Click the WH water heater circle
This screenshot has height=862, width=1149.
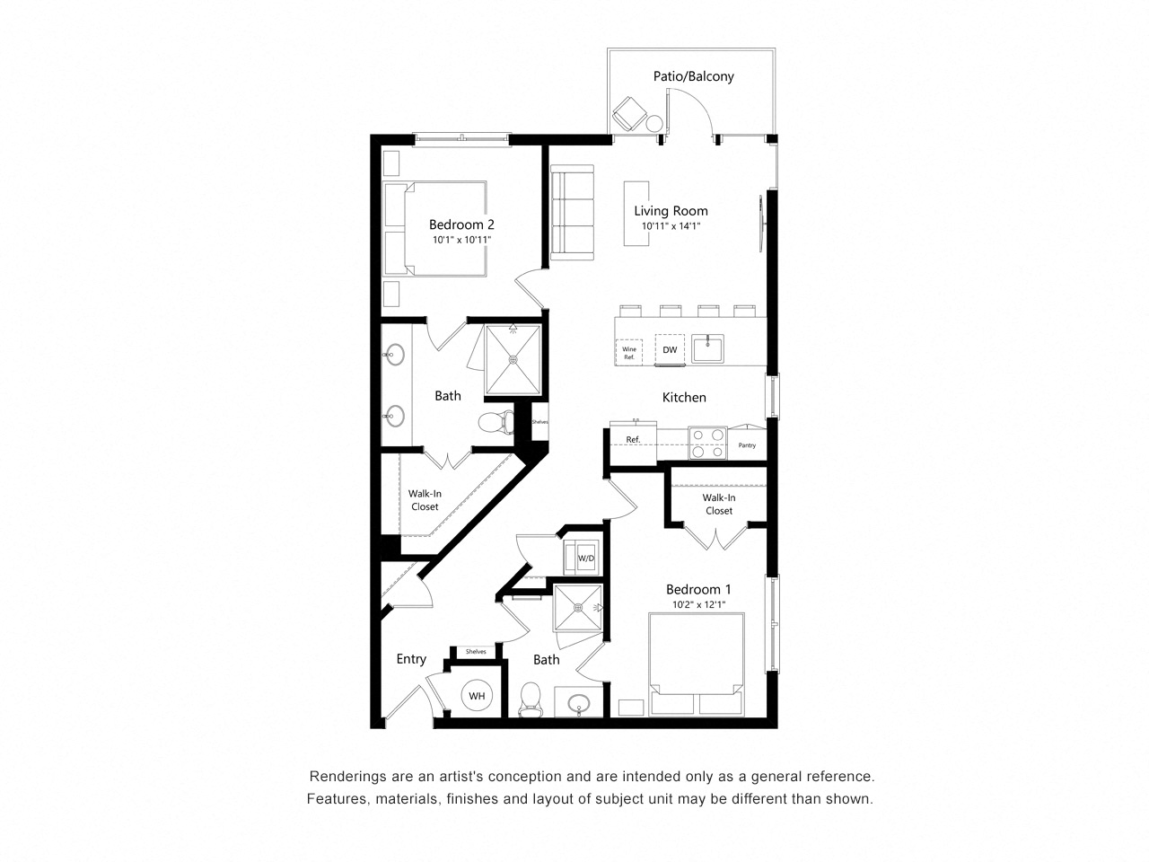tap(476, 696)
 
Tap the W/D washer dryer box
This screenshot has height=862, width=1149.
tap(585, 558)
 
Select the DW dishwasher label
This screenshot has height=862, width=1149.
tap(670, 350)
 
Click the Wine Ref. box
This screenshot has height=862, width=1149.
tap(629, 352)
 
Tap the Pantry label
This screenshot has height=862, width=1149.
tap(747, 445)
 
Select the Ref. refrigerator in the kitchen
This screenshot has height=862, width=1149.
tap(633, 440)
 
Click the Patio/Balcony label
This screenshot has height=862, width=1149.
tap(693, 76)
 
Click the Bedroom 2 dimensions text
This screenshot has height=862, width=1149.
tap(461, 241)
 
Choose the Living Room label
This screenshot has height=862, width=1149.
tap(671, 211)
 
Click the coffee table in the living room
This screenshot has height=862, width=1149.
tap(636, 212)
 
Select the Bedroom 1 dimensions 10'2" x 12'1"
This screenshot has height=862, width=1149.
tap(697, 604)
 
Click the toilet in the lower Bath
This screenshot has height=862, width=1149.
tap(531, 698)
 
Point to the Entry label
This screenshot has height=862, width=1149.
tap(411, 659)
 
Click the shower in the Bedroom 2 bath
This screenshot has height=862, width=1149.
tap(513, 359)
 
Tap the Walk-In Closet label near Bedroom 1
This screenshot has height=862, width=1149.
tap(718, 504)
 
